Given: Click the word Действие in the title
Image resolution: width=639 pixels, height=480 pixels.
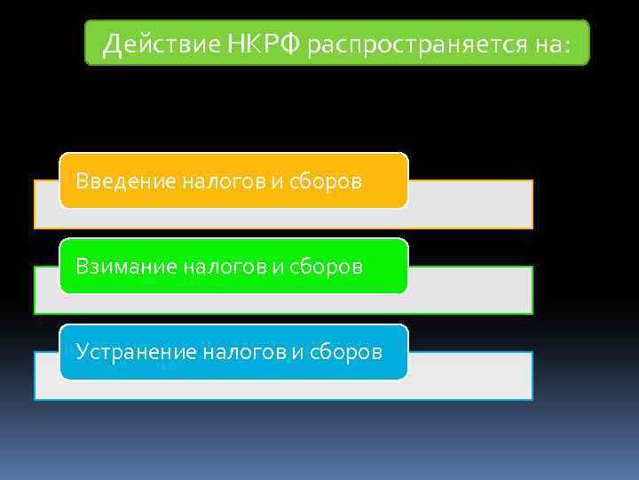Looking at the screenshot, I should [155, 44].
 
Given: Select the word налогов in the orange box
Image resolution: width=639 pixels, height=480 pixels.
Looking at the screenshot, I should [222, 181].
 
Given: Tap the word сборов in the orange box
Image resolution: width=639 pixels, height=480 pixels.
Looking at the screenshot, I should [325, 181].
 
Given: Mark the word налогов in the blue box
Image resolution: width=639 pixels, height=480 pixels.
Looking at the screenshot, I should [241, 353].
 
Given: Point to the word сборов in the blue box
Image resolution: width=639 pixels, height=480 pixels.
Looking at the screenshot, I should [345, 353].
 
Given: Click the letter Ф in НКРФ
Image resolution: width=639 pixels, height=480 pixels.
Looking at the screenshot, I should [291, 44].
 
